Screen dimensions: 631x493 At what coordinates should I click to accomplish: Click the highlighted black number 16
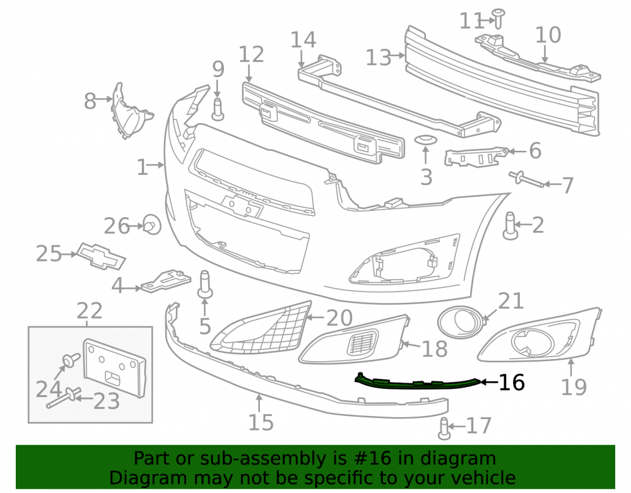tap(512, 383)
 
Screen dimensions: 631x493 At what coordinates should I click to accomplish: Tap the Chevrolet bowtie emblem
tap(101, 256)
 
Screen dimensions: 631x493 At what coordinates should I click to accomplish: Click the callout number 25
tap(49, 254)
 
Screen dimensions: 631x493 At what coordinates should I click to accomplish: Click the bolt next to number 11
tap(498, 18)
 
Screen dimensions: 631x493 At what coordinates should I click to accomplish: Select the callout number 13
tap(378, 57)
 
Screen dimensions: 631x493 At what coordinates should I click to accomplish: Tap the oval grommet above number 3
tap(426, 140)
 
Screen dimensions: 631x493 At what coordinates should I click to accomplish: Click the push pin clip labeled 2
tap(510, 225)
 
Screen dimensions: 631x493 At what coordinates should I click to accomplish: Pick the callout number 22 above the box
tap(90, 311)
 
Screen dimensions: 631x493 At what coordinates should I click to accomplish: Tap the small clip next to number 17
tap(444, 428)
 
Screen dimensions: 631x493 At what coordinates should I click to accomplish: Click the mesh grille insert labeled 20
tap(262, 328)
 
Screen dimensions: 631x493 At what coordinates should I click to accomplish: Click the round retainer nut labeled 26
tap(152, 225)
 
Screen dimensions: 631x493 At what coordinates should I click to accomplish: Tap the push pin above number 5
tap(205, 284)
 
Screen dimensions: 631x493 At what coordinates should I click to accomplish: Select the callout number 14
tap(304, 40)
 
